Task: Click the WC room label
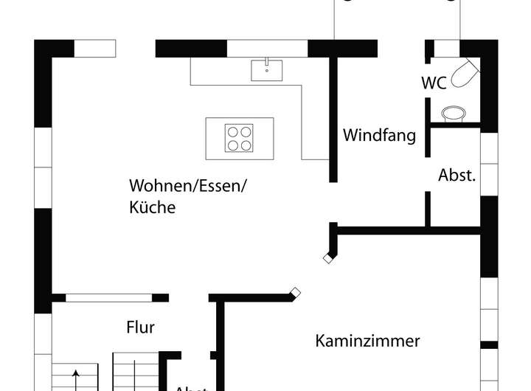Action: click(x=434, y=83)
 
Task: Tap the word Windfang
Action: click(x=379, y=136)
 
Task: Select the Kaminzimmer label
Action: click(x=368, y=341)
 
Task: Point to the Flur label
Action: click(x=140, y=327)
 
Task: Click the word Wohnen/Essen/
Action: click(x=188, y=185)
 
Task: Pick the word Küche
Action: click(x=152, y=207)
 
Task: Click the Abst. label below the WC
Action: click(x=457, y=176)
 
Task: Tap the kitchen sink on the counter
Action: click(x=267, y=70)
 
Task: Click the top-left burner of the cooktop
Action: click(x=232, y=131)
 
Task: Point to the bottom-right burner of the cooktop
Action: click(x=246, y=144)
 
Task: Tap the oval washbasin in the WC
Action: click(x=453, y=113)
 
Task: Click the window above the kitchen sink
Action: click(x=266, y=48)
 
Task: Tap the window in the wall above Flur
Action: click(x=108, y=298)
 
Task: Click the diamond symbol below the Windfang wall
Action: click(x=327, y=258)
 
